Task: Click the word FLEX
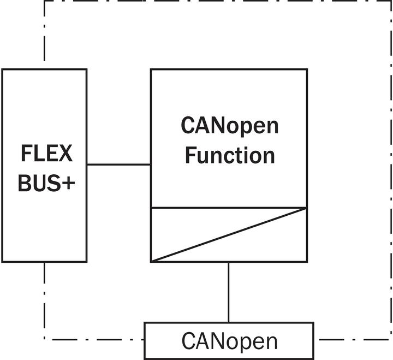click(x=46, y=153)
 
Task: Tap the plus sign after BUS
click(x=68, y=183)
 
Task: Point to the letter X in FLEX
click(x=65, y=153)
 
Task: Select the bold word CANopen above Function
click(x=230, y=126)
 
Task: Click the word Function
click(x=230, y=156)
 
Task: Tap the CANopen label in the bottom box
click(x=230, y=341)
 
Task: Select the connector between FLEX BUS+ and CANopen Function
click(x=119, y=164)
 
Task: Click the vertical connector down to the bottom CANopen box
click(x=229, y=292)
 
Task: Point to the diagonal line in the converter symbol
click(x=229, y=235)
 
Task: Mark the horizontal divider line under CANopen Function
click(x=229, y=208)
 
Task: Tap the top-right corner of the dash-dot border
click(x=390, y=1)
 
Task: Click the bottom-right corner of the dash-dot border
click(x=390, y=340)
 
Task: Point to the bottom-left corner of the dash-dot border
click(x=44, y=340)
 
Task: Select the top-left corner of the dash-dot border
click(x=44, y=1)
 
